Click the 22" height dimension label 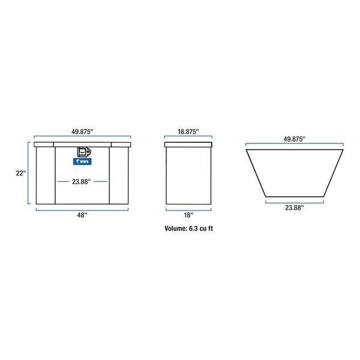pos(20,173)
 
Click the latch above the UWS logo pos(82,152)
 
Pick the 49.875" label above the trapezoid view pos(295,138)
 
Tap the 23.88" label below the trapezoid pos(294,208)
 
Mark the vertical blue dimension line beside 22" pos(28,174)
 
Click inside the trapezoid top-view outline pos(294,171)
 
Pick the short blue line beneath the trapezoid pos(294,201)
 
